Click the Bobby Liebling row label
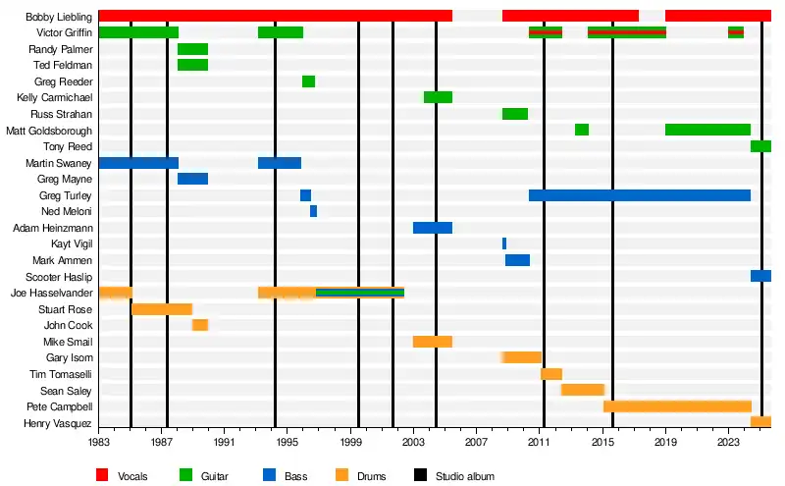60,17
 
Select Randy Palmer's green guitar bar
192,49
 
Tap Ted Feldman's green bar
192,65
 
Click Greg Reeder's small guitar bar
308,81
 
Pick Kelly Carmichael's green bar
438,97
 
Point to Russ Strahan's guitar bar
515,114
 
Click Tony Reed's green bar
760,146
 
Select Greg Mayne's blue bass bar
192,179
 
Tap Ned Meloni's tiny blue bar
313,211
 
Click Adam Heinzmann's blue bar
433,228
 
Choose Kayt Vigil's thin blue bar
504,243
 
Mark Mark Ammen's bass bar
517,260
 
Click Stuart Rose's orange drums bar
162,309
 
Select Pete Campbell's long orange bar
677,406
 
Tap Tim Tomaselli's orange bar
551,374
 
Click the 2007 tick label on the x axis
476,444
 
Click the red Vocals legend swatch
102,476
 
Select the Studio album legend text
466,477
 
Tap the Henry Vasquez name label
59,423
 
